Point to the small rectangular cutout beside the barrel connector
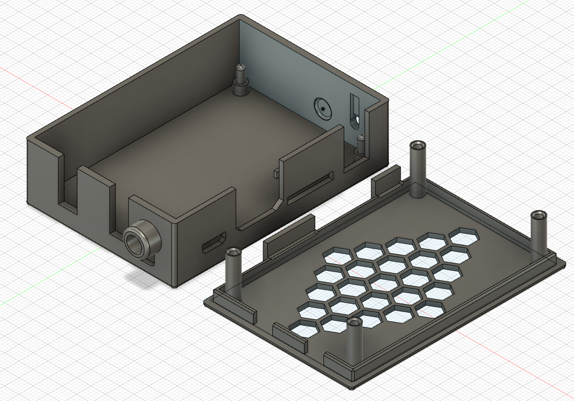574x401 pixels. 214,243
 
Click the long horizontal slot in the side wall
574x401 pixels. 310,187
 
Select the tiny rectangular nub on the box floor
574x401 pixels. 276,173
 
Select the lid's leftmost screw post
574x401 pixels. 234,271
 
